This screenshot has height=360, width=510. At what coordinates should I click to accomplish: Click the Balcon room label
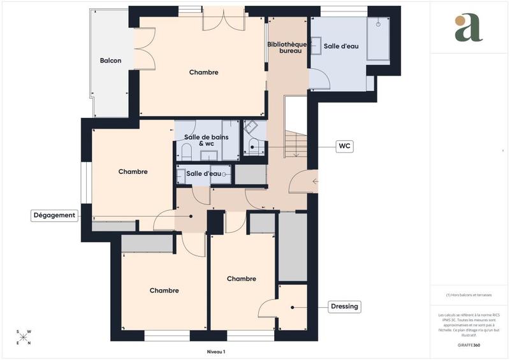tap(110, 61)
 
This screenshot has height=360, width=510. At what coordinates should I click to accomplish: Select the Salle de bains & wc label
tap(202, 140)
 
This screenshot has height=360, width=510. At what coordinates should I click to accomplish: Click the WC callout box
tap(344, 147)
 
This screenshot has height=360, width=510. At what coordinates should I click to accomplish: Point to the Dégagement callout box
tap(54, 215)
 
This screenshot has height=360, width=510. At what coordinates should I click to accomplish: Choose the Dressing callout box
tap(345, 306)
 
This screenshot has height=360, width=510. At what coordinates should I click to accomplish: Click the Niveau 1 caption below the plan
tap(216, 352)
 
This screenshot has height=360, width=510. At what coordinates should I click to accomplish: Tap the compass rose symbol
tap(23, 337)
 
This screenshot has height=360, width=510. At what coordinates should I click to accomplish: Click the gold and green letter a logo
tap(469, 28)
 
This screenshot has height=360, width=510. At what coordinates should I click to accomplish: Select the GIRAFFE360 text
tap(469, 344)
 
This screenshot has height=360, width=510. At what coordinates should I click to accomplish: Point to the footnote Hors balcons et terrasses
tap(469, 295)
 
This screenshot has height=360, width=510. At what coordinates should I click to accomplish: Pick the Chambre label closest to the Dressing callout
tap(241, 278)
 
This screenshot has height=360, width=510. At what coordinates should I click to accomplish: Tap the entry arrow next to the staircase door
tap(315, 182)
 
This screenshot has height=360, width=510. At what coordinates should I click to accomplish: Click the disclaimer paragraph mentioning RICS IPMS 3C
tap(469, 323)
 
